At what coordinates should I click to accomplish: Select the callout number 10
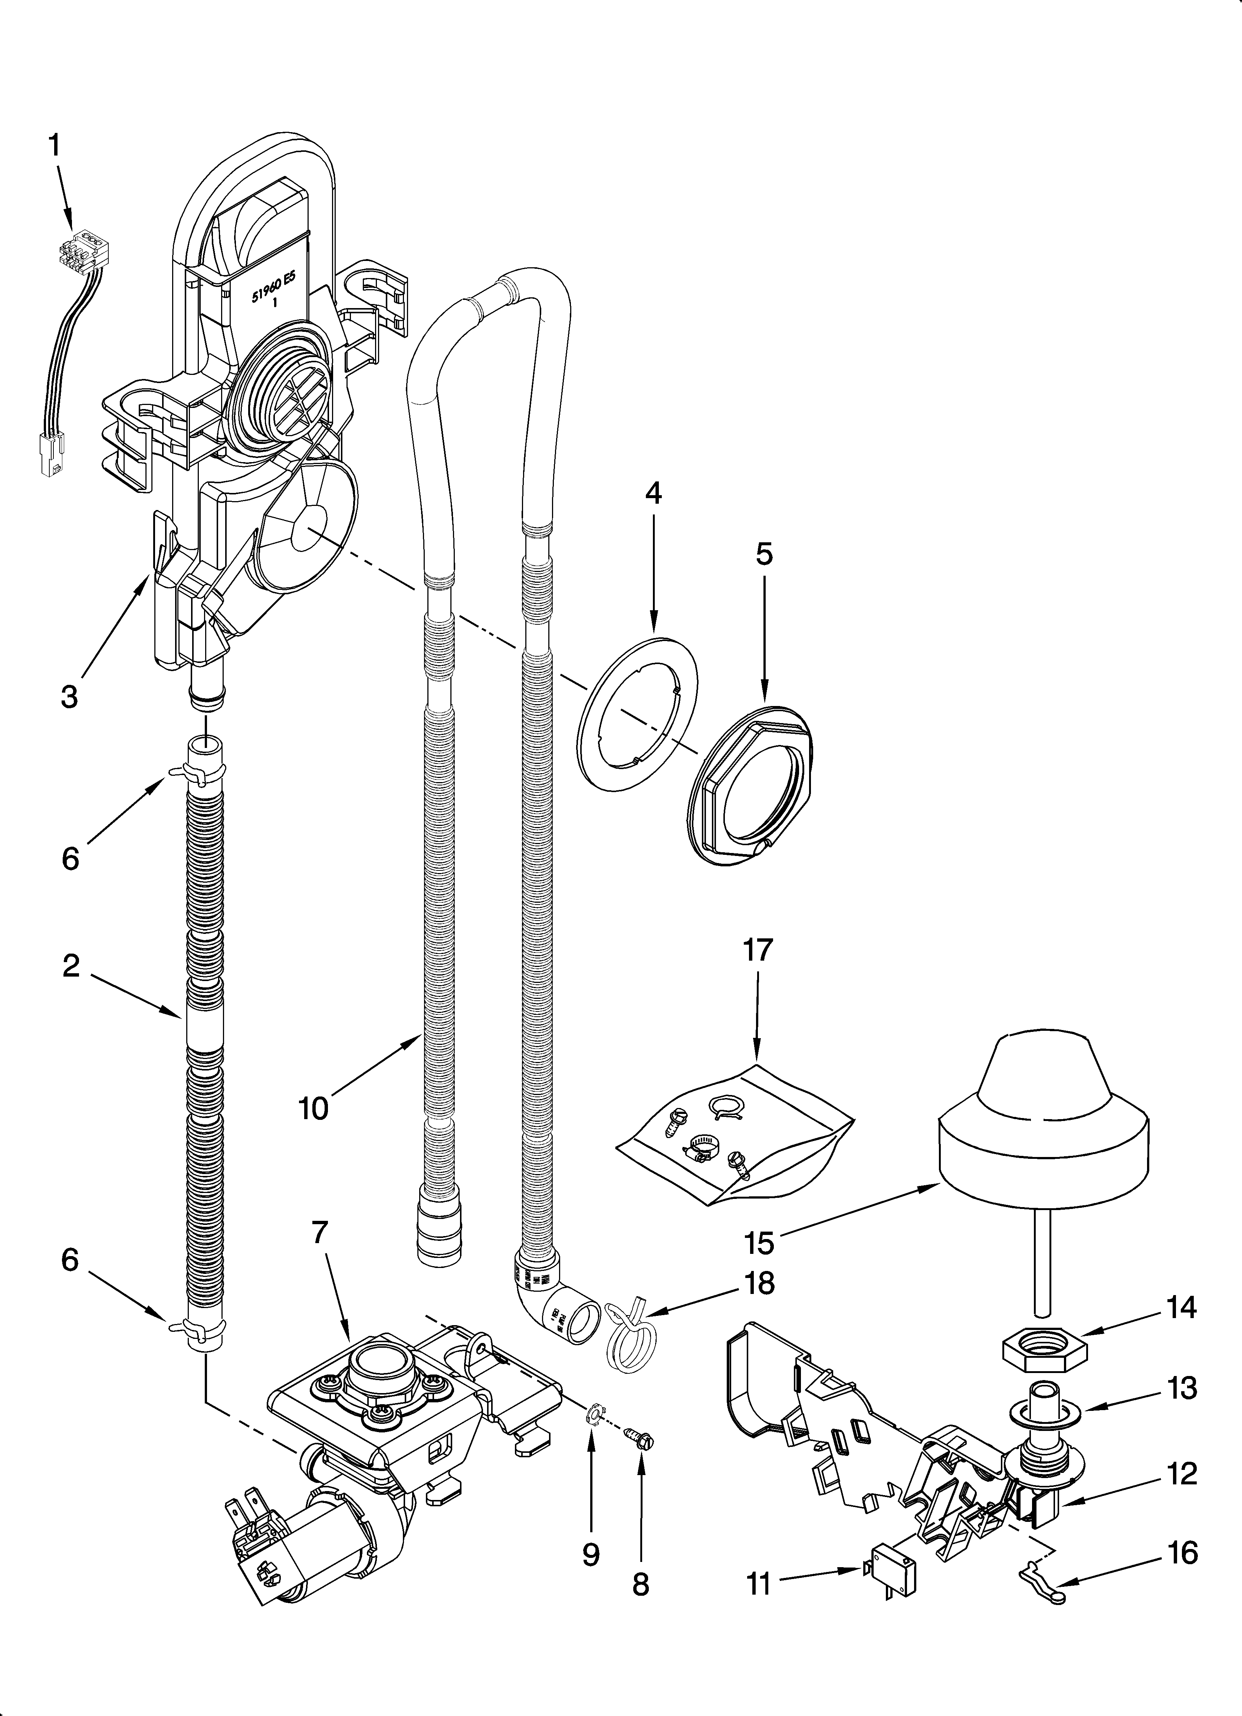[x=313, y=1108]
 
